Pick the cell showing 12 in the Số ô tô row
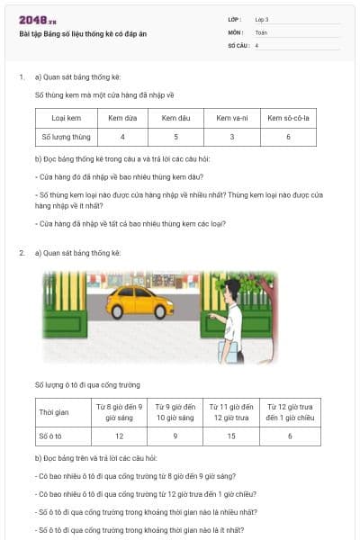[119, 436]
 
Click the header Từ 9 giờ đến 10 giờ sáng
[175, 413]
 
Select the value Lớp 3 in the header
[262, 19]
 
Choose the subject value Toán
[261, 31]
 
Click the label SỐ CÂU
[238, 44]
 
